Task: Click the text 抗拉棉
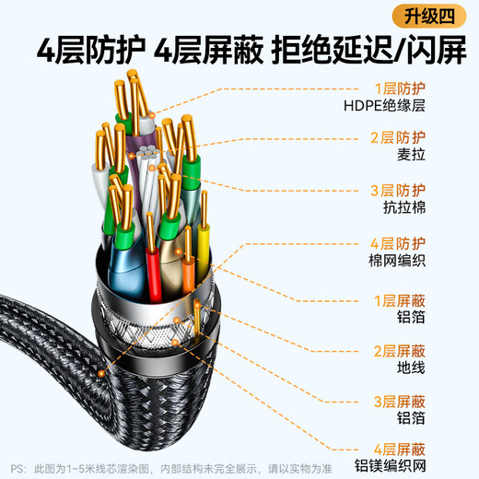coord(391,209)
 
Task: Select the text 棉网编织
coord(397,262)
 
